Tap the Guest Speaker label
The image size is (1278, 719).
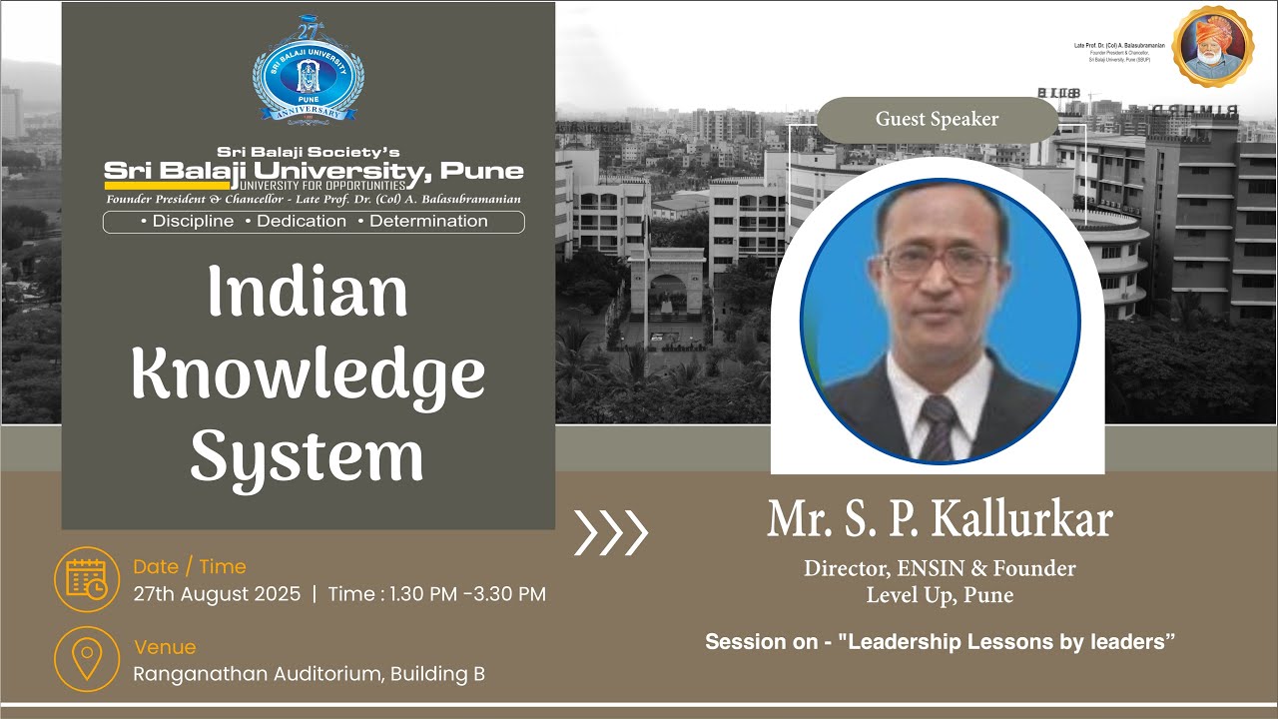pyautogui.click(x=937, y=120)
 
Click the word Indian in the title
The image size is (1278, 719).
pyautogui.click(x=308, y=293)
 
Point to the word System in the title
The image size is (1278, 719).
pyautogui.click(x=308, y=457)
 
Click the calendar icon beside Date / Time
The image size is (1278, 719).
pyautogui.click(x=87, y=579)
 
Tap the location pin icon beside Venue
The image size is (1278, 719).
pyautogui.click(x=87, y=659)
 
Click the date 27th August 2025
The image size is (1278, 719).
pyautogui.click(x=217, y=594)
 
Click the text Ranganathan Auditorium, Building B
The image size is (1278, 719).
pyautogui.click(x=310, y=674)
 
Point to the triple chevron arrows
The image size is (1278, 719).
pyautogui.click(x=611, y=532)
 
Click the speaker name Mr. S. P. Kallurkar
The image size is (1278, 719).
pyautogui.click(x=940, y=519)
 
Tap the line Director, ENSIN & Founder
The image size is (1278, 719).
pyautogui.click(x=940, y=569)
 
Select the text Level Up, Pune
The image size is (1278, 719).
pyautogui.click(x=940, y=596)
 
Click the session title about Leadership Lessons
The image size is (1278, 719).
pyautogui.click(x=940, y=642)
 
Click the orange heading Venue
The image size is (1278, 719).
pyautogui.click(x=165, y=647)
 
